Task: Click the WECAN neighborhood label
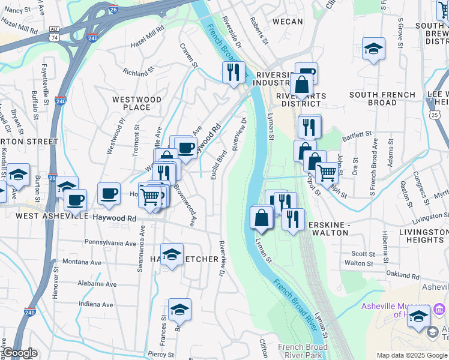(288, 22)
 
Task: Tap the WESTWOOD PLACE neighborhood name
(137, 103)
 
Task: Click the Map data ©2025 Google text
(411, 355)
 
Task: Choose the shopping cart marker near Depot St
(326, 172)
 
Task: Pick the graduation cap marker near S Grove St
(373, 48)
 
